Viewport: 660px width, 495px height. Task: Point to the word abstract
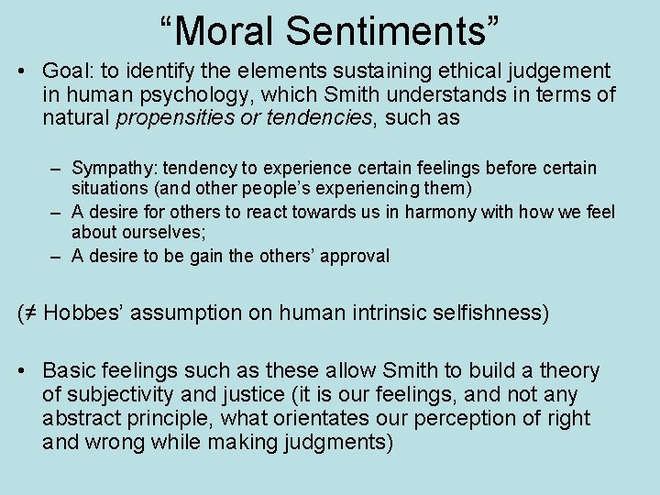[81, 419]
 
